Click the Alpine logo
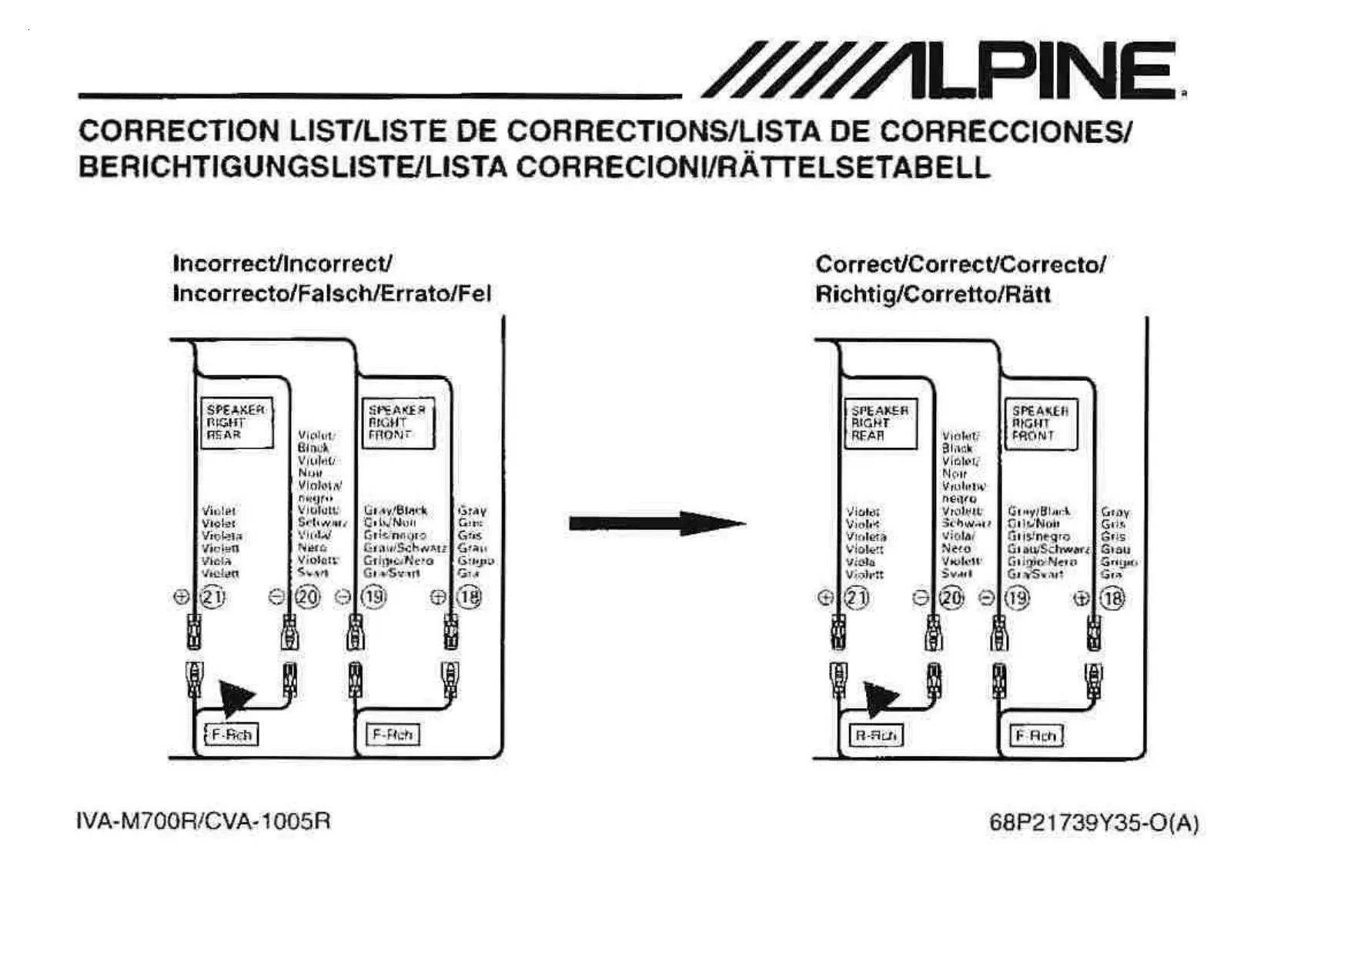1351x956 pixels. coord(942,70)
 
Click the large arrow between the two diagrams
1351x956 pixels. coord(656,523)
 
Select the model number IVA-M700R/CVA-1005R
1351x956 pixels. coord(204,821)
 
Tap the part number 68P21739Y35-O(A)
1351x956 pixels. coord(1094,823)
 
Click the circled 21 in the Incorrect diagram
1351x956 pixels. coord(212,597)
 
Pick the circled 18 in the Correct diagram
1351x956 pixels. coord(1112,598)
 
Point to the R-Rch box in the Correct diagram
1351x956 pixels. coord(875,736)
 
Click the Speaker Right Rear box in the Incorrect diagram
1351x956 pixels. coord(236,423)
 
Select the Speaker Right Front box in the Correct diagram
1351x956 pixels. coord(1041,423)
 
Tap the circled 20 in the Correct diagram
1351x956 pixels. coord(951,598)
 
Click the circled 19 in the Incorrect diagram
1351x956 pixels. coord(374,597)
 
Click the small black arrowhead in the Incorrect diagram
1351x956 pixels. coord(235,697)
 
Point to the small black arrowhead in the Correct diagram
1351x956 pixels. coord(879,699)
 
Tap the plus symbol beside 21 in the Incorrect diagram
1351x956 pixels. coord(182,597)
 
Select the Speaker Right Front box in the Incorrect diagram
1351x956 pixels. coord(397,423)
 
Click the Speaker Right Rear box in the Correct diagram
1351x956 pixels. coord(880,423)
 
